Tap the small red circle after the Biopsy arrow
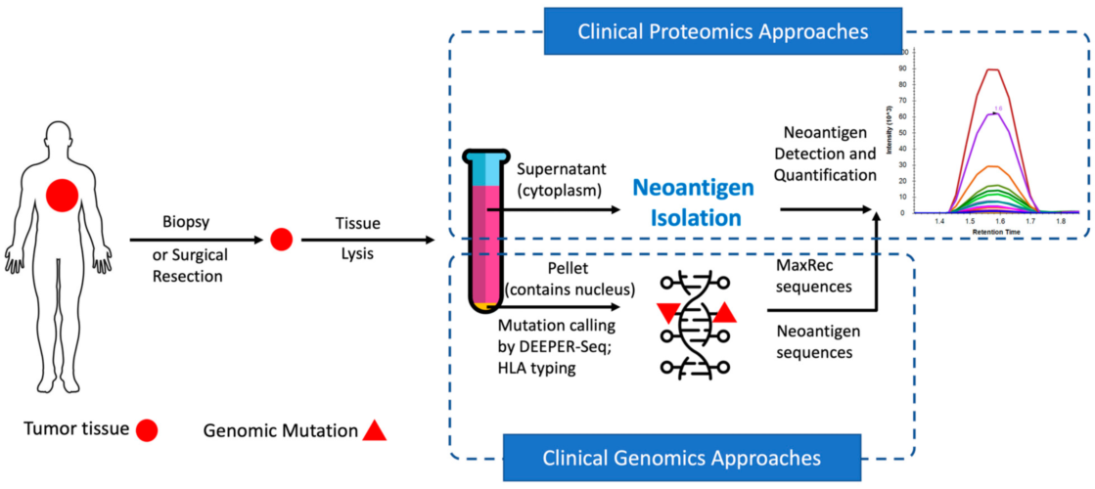click(x=281, y=239)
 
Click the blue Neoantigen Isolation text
click(x=685, y=201)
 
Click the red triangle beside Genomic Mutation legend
click(x=374, y=429)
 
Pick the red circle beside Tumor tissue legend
click(x=148, y=429)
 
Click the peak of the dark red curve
click(x=993, y=69)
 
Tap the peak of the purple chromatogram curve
click(x=995, y=113)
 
